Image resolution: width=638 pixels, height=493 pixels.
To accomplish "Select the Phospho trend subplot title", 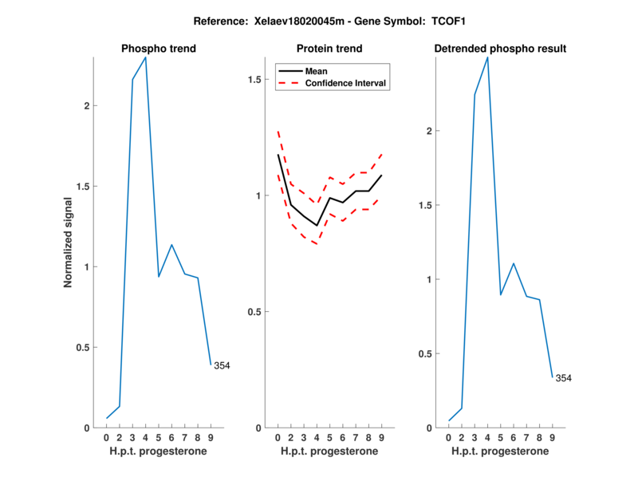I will [x=159, y=49].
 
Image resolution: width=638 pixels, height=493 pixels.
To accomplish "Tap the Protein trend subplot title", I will [x=329, y=49].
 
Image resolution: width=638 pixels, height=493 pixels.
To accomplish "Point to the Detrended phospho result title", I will [x=500, y=49].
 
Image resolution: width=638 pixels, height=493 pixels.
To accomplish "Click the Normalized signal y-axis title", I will [x=69, y=243].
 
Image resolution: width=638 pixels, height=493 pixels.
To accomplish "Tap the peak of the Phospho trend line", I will [x=145, y=57].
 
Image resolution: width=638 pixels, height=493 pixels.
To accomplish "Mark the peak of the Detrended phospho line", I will [x=487, y=57].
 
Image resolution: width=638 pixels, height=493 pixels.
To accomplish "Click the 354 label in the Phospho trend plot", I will [x=222, y=366].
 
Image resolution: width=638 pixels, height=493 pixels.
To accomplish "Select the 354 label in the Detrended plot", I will [x=564, y=378].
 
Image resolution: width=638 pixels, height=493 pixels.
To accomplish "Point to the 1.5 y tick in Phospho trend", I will [x=85, y=187].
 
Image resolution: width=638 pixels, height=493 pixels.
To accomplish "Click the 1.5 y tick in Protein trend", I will [x=255, y=80].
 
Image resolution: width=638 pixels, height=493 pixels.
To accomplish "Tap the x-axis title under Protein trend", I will [x=329, y=452].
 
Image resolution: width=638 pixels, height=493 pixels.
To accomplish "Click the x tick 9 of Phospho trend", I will [x=211, y=438].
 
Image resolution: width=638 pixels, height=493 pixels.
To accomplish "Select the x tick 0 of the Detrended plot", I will [x=449, y=438].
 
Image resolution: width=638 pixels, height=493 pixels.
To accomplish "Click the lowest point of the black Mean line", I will [x=317, y=226].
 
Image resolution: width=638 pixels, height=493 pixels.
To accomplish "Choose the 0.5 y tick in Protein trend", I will [x=255, y=312].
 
